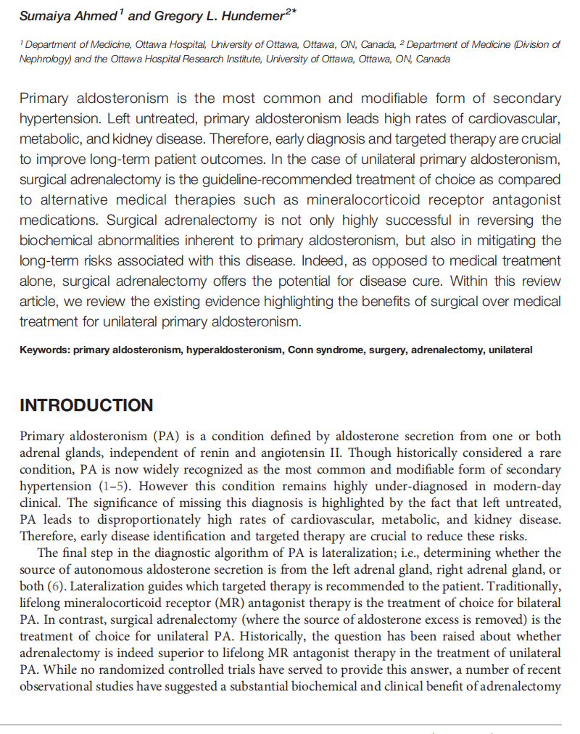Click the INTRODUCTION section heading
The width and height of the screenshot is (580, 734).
pos(86,405)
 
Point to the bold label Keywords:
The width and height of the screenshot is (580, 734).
pos(44,350)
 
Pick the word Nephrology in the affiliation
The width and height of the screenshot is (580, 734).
pos(44,59)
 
